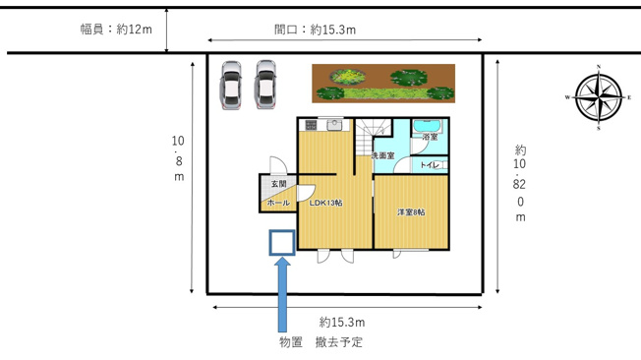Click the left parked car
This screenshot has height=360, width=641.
click(231, 85)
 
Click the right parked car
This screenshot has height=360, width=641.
click(265, 85)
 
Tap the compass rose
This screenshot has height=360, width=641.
click(599, 98)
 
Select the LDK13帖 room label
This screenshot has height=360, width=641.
click(325, 204)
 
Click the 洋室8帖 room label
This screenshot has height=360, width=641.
click(411, 212)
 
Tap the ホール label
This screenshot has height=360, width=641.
click(278, 203)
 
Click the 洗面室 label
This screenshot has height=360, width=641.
click(382, 156)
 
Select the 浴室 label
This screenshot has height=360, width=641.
click(430, 138)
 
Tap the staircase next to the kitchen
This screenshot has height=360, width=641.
click(371, 134)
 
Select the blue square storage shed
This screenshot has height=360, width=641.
click(282, 242)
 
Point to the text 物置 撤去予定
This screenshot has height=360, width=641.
click(320, 342)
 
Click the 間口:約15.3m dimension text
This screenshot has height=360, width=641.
click(315, 30)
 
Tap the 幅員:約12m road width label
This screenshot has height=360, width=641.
click(116, 30)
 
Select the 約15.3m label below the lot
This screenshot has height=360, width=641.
click(342, 323)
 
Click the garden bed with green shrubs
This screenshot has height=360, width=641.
click(384, 83)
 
